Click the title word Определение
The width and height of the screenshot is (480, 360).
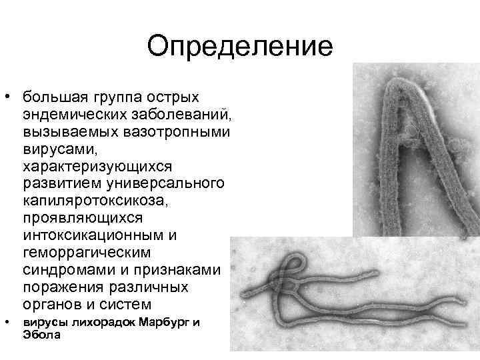coord(240,47)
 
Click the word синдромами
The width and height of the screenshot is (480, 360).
coord(64,270)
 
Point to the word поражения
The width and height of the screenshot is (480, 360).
coord(59,287)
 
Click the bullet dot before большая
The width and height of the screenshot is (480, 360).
coord(7,95)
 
